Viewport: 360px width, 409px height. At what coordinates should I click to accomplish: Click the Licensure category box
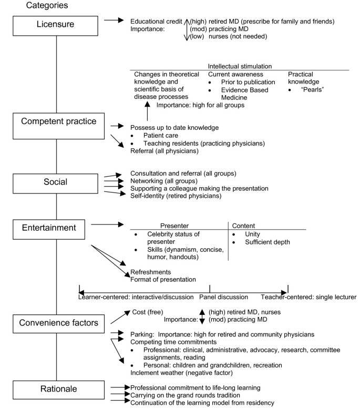click(x=56, y=25)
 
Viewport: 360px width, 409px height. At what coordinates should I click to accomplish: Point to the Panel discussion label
click(x=211, y=296)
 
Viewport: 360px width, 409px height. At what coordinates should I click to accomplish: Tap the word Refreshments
click(x=150, y=272)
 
